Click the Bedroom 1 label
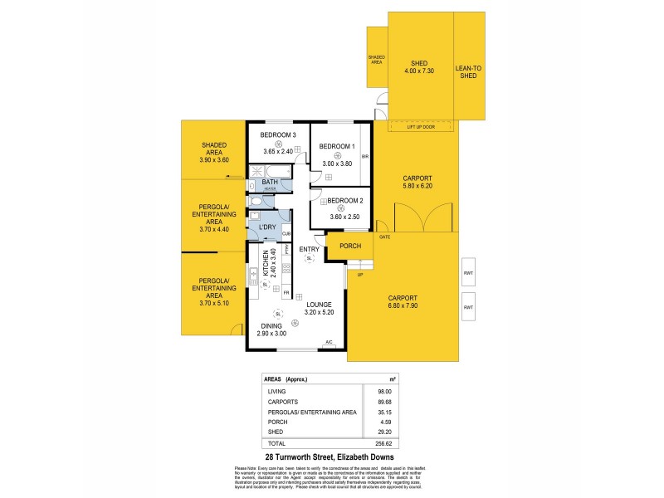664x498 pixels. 337,147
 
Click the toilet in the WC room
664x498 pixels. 256,202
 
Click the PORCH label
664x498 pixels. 350,246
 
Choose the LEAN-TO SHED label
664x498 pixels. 469,72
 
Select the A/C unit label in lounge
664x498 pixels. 329,342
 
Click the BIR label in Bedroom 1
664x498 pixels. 364,155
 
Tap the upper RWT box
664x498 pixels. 468,271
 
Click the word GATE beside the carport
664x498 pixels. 384,237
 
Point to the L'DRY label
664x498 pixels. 267,227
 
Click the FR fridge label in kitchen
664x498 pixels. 286,293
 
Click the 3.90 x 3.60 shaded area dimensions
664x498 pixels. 213,159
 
